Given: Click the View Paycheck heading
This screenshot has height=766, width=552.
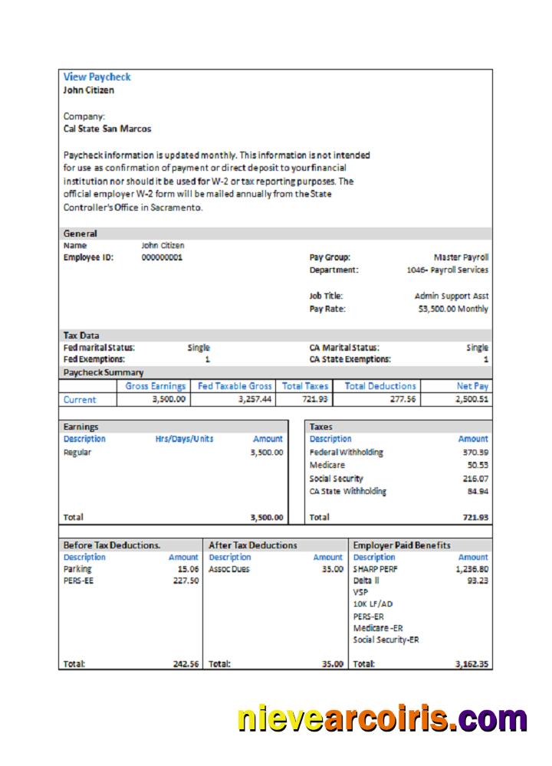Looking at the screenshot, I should pyautogui.click(x=97, y=77).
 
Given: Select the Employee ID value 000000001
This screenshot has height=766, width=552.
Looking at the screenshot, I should pyautogui.click(x=162, y=257).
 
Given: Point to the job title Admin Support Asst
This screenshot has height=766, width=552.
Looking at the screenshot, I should pyautogui.click(x=452, y=296).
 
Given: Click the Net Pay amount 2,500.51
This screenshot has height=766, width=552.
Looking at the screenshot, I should pyautogui.click(x=472, y=399).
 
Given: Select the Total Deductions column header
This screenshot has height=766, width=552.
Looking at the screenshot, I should pyautogui.click(x=381, y=386).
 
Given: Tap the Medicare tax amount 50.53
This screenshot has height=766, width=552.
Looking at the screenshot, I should pyautogui.click(x=478, y=465).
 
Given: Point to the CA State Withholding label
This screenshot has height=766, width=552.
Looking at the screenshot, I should pyautogui.click(x=348, y=491).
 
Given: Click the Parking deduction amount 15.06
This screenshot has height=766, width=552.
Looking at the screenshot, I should pyautogui.click(x=188, y=569).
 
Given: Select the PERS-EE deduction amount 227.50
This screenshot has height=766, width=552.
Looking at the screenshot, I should pyautogui.click(x=186, y=581).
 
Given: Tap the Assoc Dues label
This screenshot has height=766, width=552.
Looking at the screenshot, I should pyautogui.click(x=229, y=569).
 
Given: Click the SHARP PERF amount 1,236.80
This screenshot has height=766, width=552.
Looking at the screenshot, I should pyautogui.click(x=472, y=569).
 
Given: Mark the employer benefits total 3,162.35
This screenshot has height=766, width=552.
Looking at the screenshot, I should pyautogui.click(x=472, y=664).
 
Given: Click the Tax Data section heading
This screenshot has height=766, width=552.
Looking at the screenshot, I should pyautogui.click(x=80, y=336).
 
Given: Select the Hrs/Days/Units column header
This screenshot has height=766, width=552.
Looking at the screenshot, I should pyautogui.click(x=184, y=439).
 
